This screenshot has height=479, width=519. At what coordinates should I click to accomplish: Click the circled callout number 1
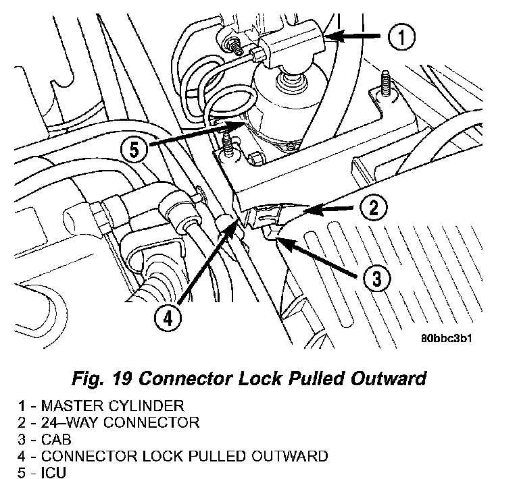pyautogui.click(x=401, y=36)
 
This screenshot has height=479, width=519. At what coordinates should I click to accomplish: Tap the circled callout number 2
pyautogui.click(x=373, y=208)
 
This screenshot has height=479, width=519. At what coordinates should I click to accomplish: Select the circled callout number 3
pyautogui.click(x=377, y=279)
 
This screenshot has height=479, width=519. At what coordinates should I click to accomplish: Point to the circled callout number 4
pyautogui.click(x=168, y=319)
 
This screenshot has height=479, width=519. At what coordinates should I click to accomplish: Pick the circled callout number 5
pyautogui.click(x=134, y=150)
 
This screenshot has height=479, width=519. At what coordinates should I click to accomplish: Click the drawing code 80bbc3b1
pyautogui.click(x=447, y=339)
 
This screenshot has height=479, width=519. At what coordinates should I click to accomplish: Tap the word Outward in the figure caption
pyautogui.click(x=389, y=378)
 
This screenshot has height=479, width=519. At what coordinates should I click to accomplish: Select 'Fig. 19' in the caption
pyautogui.click(x=102, y=378)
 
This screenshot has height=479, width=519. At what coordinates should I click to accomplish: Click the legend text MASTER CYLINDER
pyautogui.click(x=113, y=405)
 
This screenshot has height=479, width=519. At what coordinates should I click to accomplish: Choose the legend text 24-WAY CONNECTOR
pyautogui.click(x=120, y=422)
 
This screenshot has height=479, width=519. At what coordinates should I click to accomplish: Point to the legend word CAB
pyautogui.click(x=56, y=439)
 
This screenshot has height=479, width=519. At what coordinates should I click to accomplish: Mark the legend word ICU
pyautogui.click(x=53, y=473)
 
